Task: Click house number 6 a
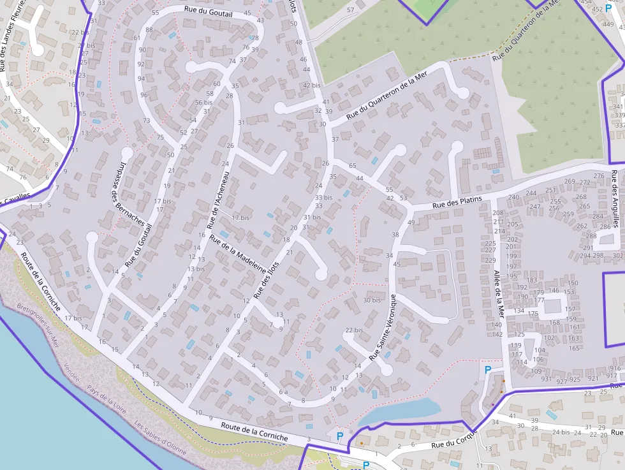(x=284, y=392)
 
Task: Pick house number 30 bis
(x=372, y=300)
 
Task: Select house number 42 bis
(x=311, y=85)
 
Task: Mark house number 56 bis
(x=204, y=102)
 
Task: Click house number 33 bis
(x=324, y=198)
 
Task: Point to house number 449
(x=608, y=24)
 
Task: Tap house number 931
(x=546, y=379)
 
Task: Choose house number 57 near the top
(x=350, y=10)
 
